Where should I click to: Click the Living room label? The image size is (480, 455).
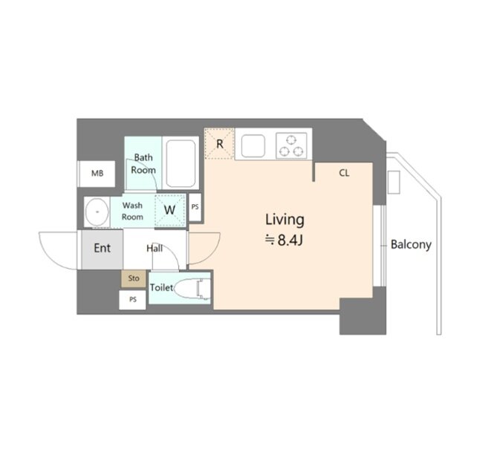pyautogui.click(x=285, y=220)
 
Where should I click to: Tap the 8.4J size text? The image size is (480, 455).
pyautogui.click(x=285, y=240)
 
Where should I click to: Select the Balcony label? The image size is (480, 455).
pyautogui.click(x=411, y=245)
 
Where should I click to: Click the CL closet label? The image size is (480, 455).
pyautogui.click(x=344, y=173)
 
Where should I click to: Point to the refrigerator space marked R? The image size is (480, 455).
pyautogui.click(x=219, y=144)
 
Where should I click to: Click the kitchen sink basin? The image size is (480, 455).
pyautogui.click(x=253, y=146)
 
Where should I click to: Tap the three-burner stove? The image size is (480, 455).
pyautogui.click(x=291, y=145)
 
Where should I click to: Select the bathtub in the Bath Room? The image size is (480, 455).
pyautogui.click(x=181, y=163)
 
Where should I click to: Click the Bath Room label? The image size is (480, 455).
pyautogui.click(x=143, y=164)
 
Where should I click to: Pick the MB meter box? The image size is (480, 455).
pyautogui.click(x=97, y=174)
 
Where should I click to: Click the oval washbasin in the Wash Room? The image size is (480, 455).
pyautogui.click(x=97, y=212)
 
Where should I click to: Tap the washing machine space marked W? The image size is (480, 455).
pyautogui.click(x=170, y=210)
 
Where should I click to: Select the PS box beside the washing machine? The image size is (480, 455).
pyautogui.click(x=195, y=207)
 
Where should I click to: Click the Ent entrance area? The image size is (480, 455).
pyautogui.click(x=103, y=249)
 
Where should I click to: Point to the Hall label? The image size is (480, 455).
pyautogui.click(x=155, y=249)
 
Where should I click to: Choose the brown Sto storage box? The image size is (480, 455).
pyautogui.click(x=134, y=278)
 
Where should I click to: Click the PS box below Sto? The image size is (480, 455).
pyautogui.click(x=132, y=300)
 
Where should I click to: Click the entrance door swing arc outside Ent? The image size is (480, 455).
pyautogui.click(x=51, y=256)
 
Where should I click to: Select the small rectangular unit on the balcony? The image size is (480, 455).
pyautogui.click(x=394, y=182)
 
